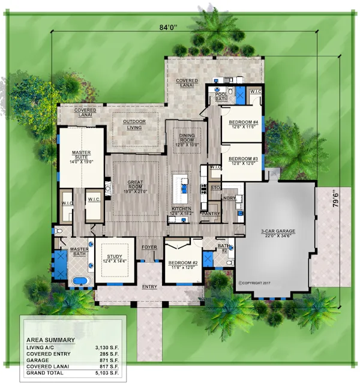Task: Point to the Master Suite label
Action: point(82,157)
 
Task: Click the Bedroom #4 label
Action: point(243,124)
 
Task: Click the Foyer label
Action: point(149,247)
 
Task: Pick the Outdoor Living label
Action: point(134,124)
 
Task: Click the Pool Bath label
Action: point(221,97)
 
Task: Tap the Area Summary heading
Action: point(50,340)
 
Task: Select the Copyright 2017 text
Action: point(256,282)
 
